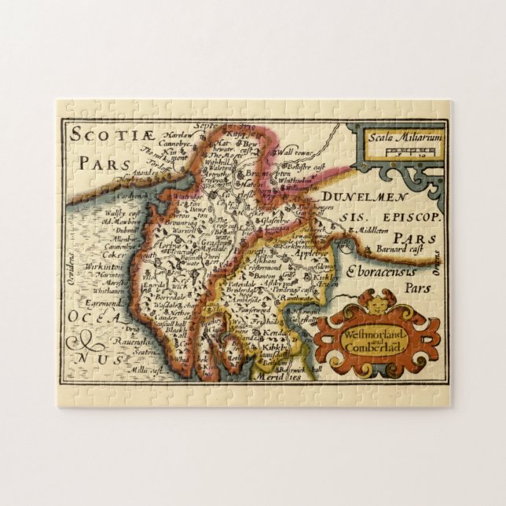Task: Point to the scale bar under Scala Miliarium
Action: point(392,152)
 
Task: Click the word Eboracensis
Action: point(379,271)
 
